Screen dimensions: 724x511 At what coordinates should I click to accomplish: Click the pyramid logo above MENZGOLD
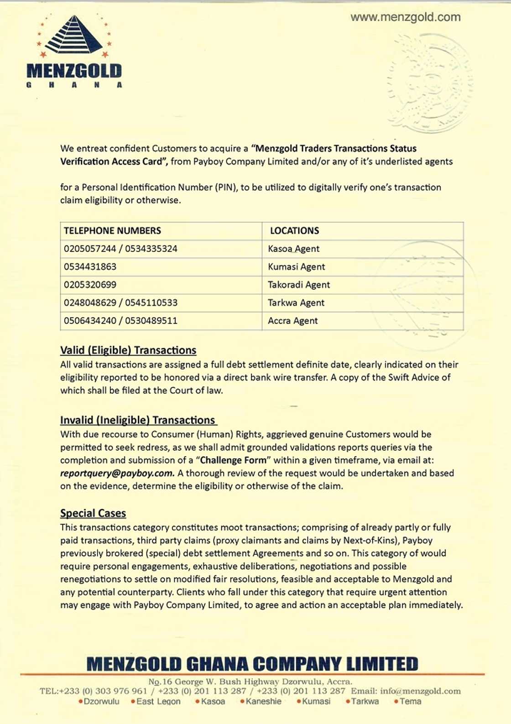(x=74, y=36)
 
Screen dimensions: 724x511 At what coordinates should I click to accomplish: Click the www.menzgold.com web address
(x=405, y=17)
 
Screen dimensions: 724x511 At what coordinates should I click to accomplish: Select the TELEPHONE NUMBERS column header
(x=112, y=231)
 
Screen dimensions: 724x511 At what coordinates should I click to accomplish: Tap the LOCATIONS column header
(x=294, y=231)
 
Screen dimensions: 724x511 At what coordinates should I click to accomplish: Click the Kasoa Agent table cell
(x=293, y=249)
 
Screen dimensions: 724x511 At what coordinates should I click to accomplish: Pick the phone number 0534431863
(x=90, y=267)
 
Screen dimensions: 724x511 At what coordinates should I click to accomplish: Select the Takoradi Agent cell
(x=298, y=285)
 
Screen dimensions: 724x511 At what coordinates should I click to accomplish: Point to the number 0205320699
(x=90, y=285)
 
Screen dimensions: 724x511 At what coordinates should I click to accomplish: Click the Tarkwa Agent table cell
(x=296, y=303)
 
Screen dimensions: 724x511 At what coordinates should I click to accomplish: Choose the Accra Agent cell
(x=292, y=321)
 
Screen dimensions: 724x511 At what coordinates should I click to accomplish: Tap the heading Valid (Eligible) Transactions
(x=128, y=350)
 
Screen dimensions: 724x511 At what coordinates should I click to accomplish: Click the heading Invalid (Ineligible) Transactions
(x=138, y=420)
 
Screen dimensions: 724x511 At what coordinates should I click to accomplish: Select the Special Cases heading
(x=93, y=513)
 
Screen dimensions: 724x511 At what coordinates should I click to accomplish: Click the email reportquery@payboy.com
(x=117, y=474)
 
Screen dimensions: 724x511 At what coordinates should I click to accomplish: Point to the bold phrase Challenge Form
(x=233, y=460)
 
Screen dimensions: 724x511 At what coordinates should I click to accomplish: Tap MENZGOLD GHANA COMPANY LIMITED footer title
(x=252, y=664)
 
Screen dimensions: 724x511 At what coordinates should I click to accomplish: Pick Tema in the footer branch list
(x=410, y=702)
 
